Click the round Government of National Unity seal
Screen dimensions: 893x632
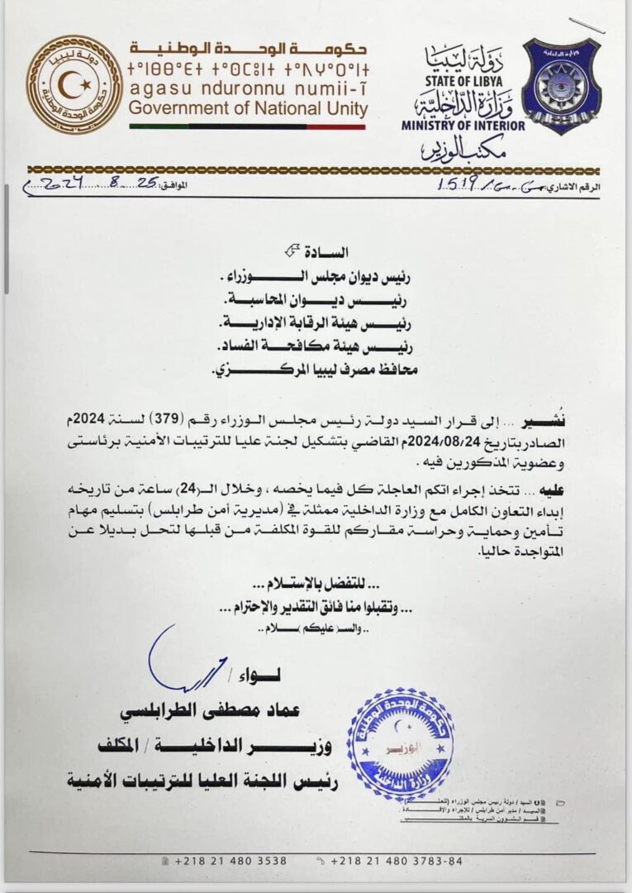pos(74,85)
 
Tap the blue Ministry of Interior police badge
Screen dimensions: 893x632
pos(562,86)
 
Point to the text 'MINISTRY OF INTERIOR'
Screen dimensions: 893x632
pos(463,126)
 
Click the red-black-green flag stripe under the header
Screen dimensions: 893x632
pos(247,127)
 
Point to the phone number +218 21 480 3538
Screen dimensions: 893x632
pos(219,861)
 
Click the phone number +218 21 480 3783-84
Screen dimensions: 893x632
pos(397,861)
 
